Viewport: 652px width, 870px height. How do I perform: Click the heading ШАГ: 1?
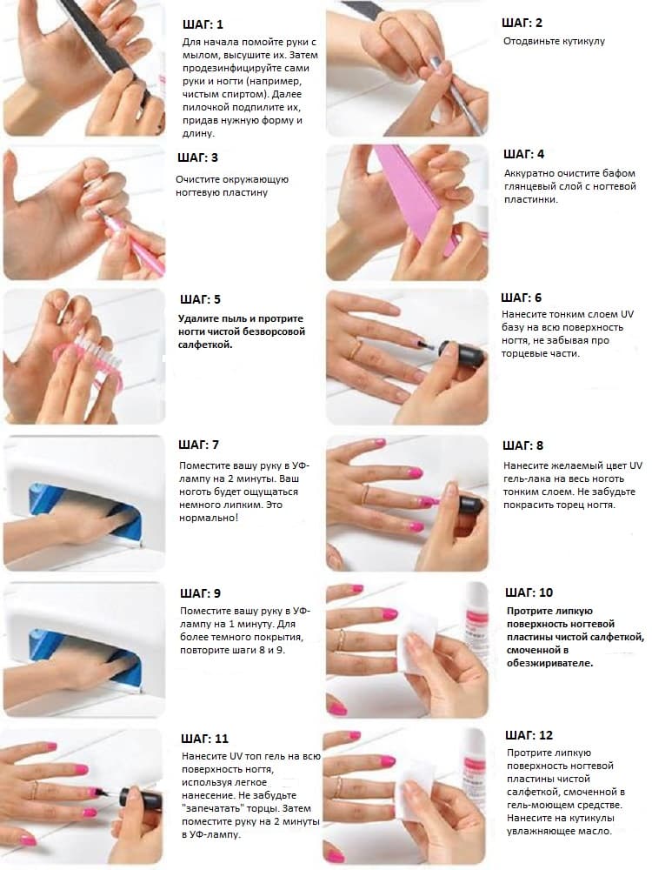(x=203, y=24)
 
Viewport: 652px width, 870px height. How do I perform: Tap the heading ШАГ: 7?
(x=198, y=445)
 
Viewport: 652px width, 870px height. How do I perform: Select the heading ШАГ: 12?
(x=529, y=735)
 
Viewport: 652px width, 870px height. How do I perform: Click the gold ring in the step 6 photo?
(x=356, y=350)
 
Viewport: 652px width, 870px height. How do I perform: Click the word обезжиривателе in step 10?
(x=549, y=663)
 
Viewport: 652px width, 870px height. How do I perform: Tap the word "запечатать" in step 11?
(x=213, y=808)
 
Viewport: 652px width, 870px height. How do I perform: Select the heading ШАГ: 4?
(x=524, y=154)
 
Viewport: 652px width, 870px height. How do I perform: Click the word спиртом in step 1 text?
(x=237, y=94)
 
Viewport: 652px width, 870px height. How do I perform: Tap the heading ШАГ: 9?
(x=200, y=593)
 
